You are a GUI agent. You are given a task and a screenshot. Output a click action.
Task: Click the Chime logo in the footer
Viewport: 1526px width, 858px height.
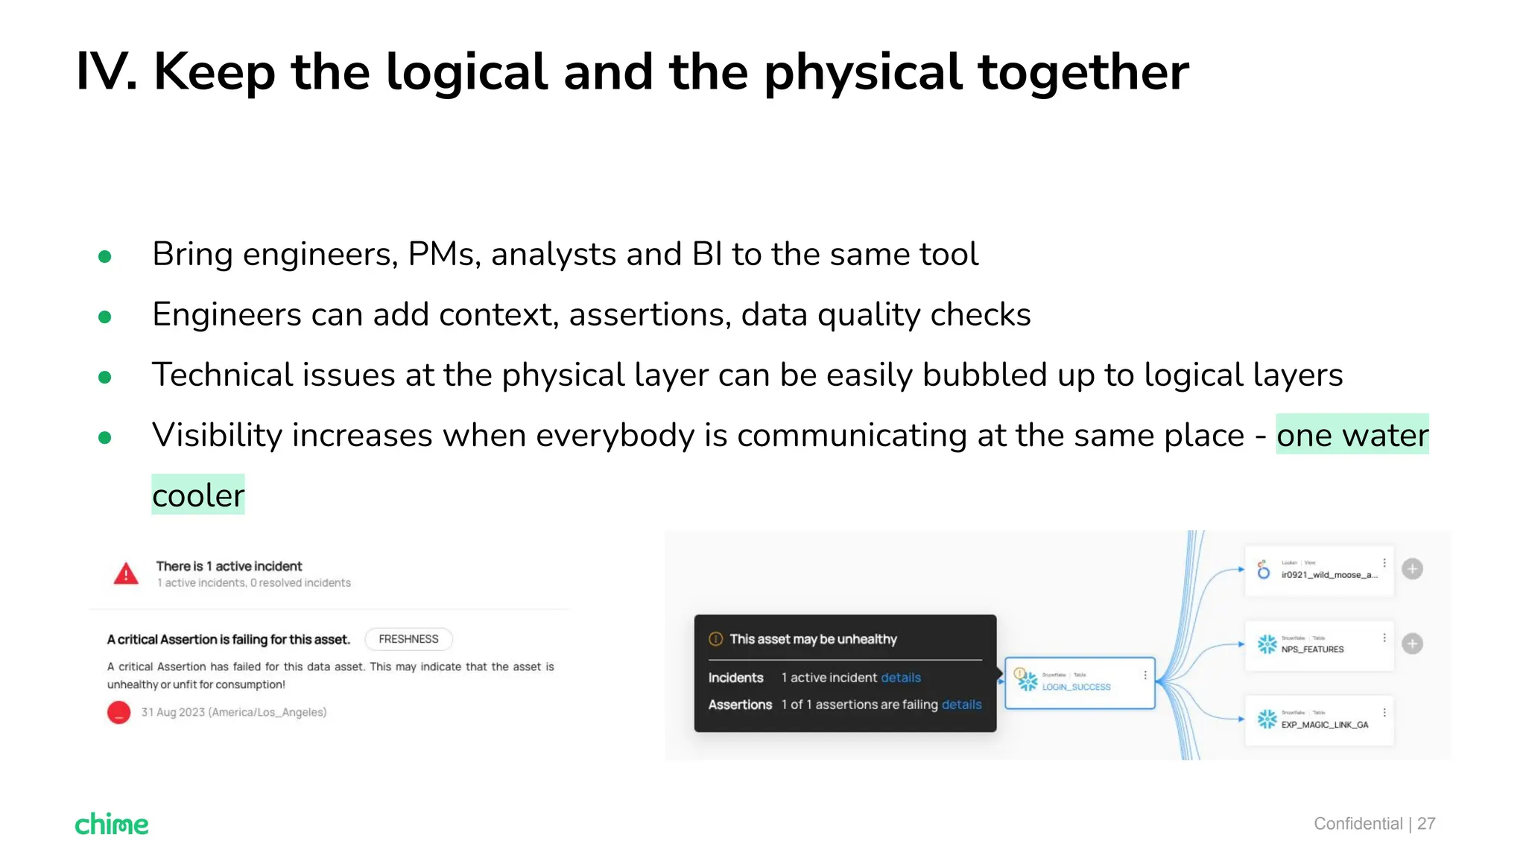(x=112, y=824)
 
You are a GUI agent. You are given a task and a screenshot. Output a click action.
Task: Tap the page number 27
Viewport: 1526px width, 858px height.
(x=1426, y=824)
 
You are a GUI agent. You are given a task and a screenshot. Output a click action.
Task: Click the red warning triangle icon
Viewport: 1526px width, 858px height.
(x=126, y=574)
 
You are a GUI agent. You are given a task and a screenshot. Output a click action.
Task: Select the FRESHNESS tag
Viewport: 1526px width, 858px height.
(x=408, y=639)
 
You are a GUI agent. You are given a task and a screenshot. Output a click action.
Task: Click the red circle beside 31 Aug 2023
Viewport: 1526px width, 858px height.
(x=119, y=712)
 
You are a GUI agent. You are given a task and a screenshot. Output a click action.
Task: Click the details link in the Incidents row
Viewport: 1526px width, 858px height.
(x=900, y=678)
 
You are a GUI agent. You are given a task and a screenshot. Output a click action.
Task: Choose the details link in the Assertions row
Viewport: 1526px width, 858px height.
(x=961, y=705)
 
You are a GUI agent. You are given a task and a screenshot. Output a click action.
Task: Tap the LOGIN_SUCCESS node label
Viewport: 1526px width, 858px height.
(x=1076, y=687)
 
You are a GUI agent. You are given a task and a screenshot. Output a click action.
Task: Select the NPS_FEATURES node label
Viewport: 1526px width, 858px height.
(x=1312, y=649)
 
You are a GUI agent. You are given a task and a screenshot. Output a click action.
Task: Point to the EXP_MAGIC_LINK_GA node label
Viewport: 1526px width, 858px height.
(x=1324, y=725)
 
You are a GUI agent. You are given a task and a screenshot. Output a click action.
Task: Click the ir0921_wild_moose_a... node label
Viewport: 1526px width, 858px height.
(x=1329, y=575)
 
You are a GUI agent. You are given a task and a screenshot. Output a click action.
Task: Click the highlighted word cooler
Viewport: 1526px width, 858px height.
(x=198, y=495)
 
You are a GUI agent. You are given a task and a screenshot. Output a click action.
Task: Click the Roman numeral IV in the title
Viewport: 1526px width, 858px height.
(x=106, y=72)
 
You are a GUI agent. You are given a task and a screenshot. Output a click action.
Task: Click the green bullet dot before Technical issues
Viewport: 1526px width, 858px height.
(x=105, y=378)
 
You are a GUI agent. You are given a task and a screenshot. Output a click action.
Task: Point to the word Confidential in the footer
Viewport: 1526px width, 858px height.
(x=1358, y=824)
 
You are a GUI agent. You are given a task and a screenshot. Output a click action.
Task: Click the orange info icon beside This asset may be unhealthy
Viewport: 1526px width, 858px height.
(x=715, y=639)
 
